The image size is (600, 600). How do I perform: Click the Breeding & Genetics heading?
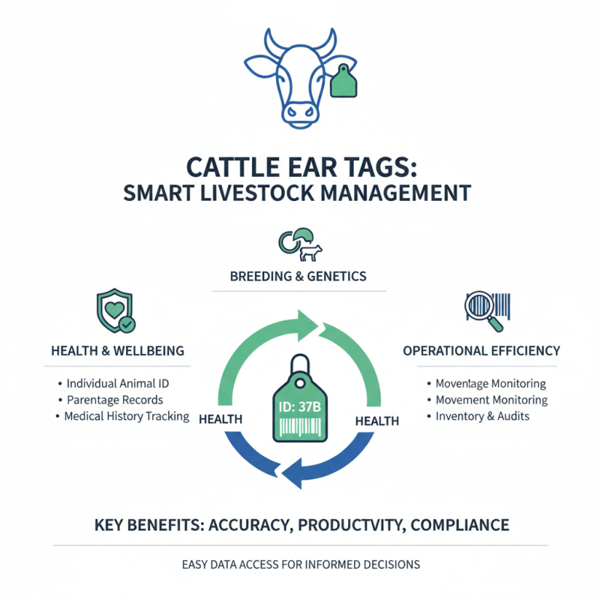tap(299, 277)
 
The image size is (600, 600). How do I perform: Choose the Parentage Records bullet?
tap(114, 399)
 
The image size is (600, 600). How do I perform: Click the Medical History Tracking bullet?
tap(126, 416)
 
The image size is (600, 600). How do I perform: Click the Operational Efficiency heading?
tap(481, 350)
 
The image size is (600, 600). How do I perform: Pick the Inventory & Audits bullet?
tap(483, 416)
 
